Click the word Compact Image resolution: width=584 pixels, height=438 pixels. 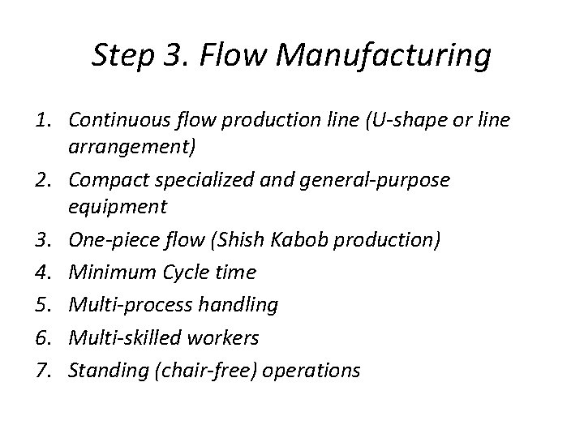click(107, 180)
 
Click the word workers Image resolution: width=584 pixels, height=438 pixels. click(229, 337)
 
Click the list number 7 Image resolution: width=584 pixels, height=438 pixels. click(45, 370)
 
